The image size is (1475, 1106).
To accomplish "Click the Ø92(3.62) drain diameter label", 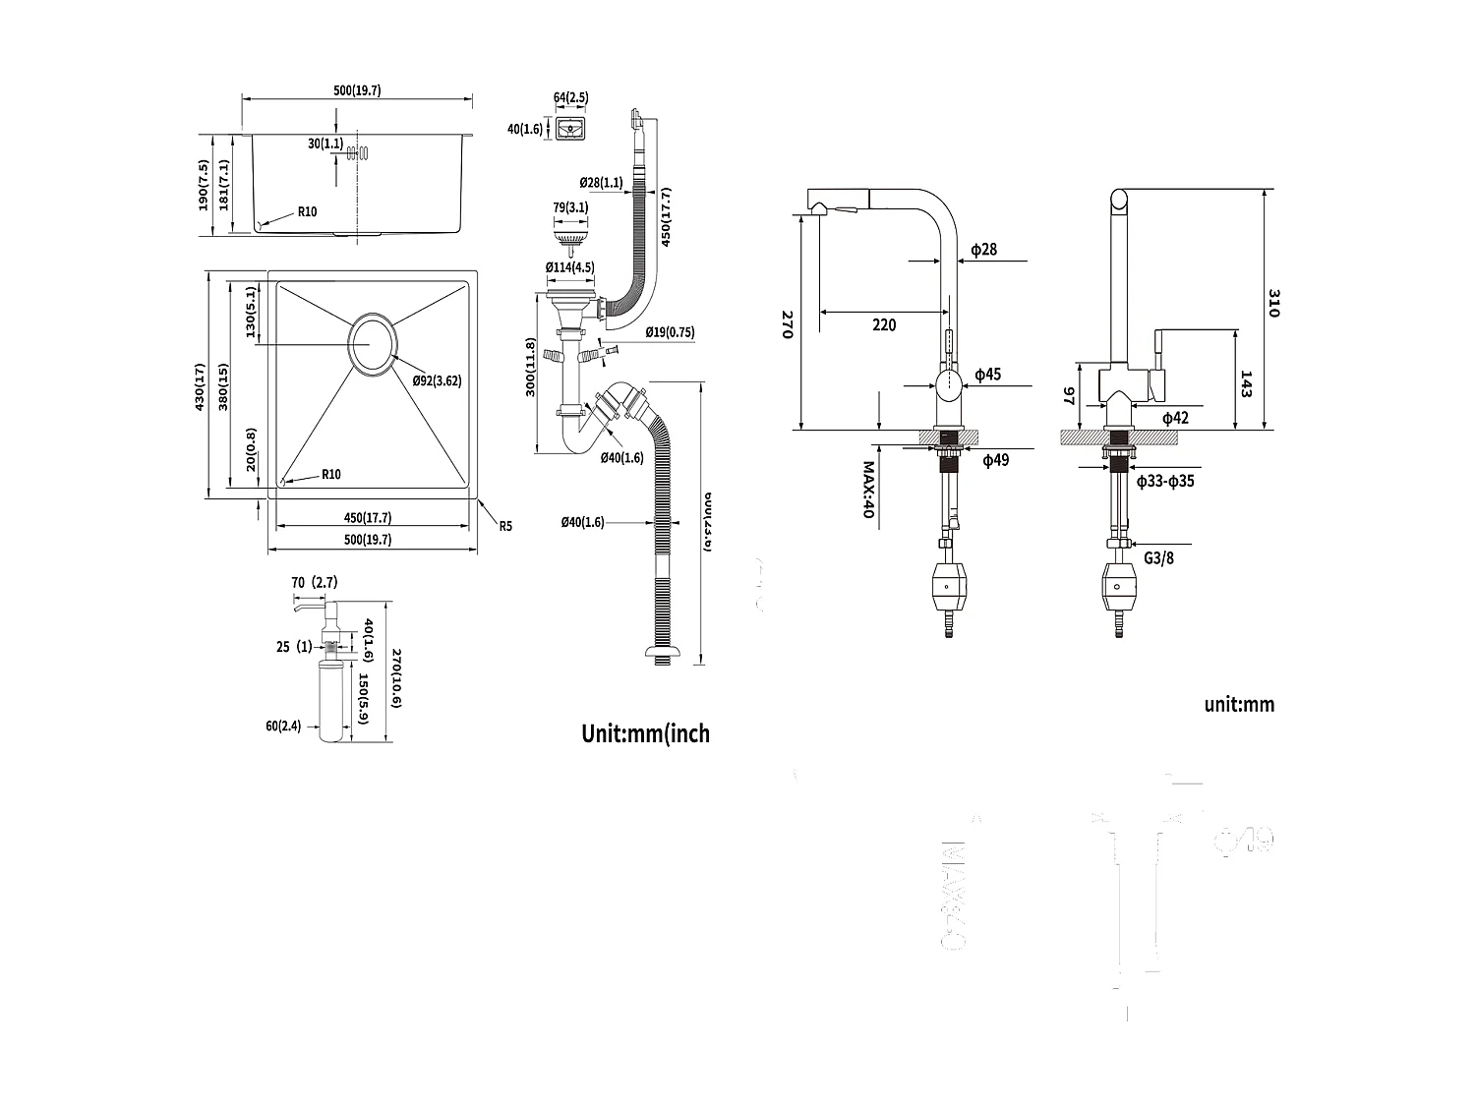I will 438,380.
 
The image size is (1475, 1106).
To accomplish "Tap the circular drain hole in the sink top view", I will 372,345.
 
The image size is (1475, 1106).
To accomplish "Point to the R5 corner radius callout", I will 504,526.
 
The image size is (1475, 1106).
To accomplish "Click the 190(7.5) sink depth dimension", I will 203,186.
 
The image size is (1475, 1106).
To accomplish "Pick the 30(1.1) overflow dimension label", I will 324,144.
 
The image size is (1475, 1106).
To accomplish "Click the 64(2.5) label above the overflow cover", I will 570,97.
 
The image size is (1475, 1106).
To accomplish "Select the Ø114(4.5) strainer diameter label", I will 569,267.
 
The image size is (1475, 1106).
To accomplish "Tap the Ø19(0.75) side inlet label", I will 670,332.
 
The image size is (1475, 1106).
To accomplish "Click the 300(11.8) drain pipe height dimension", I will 531,367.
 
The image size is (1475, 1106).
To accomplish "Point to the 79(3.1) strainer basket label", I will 570,207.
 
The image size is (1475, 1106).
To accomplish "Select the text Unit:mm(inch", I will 645,733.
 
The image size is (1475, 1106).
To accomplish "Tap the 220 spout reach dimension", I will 884,324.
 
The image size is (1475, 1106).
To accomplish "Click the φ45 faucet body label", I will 987,375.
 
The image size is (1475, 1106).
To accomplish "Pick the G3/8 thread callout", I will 1158,557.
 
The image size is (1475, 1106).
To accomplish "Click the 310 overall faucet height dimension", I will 1273,302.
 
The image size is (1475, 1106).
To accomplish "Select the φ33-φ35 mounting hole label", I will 1165,482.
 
